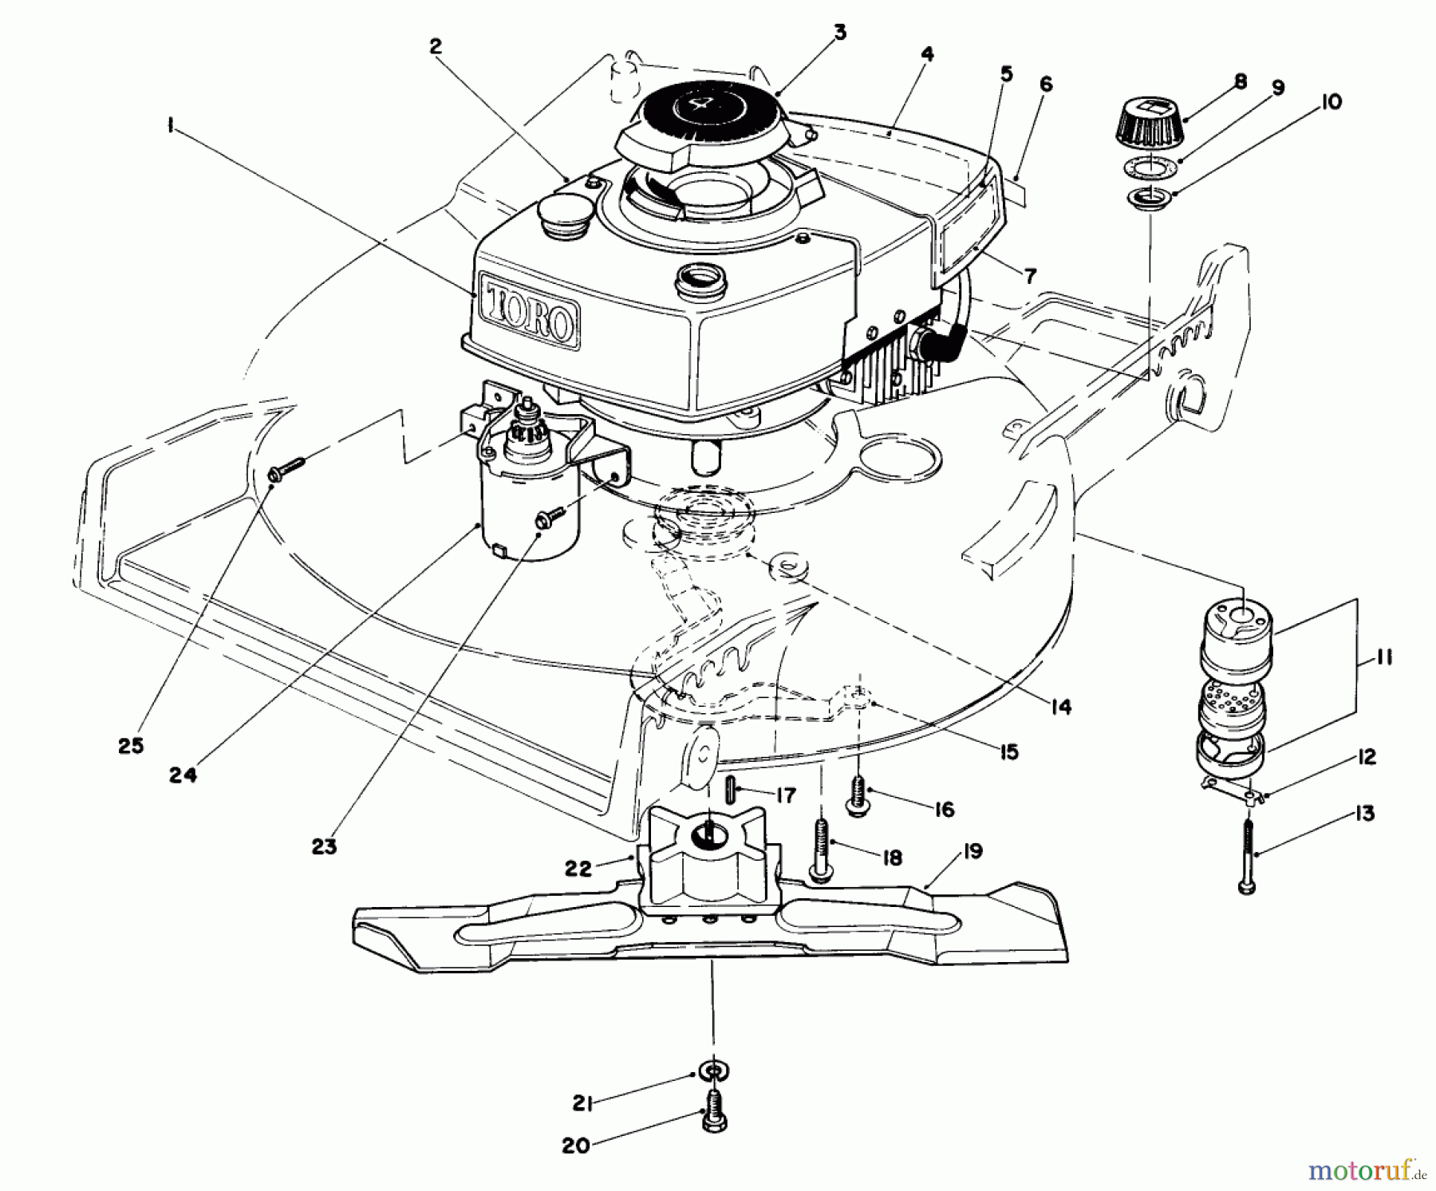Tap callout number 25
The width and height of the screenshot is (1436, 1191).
[132, 746]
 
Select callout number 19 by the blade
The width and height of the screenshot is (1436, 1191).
[972, 851]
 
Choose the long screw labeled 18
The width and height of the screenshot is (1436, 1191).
[820, 851]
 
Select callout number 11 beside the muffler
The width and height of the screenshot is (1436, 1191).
[1385, 658]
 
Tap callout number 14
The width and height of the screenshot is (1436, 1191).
[1061, 706]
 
